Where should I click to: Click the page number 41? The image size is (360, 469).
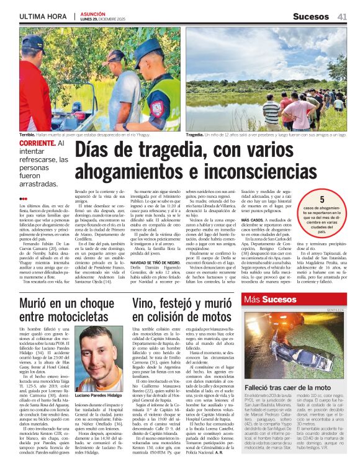(342, 16)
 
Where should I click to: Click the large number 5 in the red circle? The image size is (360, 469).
(322, 200)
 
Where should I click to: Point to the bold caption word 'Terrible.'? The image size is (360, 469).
(27, 134)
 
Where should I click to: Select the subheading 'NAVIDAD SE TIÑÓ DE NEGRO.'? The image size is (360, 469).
(156, 262)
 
